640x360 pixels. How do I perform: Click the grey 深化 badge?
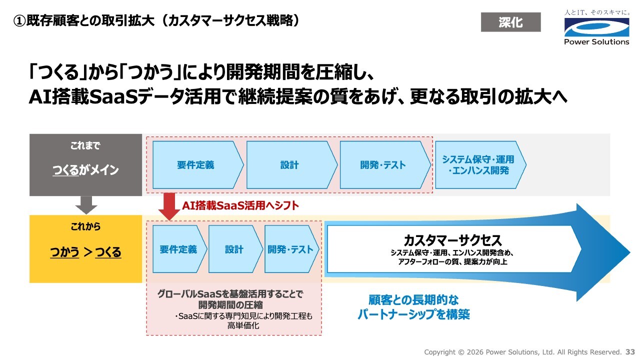click(511, 22)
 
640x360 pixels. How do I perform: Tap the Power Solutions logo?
click(597, 27)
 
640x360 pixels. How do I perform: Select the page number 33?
click(630, 352)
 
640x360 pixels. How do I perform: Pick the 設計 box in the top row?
click(291, 165)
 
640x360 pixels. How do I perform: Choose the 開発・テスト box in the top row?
click(385, 165)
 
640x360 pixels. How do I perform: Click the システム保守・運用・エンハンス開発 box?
click(480, 165)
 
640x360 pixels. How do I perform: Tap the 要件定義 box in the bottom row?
click(179, 249)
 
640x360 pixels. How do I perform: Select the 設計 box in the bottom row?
click(235, 249)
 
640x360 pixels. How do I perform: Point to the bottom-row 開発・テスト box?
click(291, 249)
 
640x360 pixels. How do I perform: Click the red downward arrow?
click(169, 206)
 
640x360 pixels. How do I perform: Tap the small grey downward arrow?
click(86, 205)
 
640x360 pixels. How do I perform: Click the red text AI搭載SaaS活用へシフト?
click(240, 205)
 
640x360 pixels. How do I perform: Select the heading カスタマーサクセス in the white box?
click(452, 240)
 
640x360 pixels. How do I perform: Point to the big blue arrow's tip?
click(630, 252)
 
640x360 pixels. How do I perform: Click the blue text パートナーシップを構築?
click(413, 314)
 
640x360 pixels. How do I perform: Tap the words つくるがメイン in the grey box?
click(85, 170)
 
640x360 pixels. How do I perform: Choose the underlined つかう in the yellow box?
click(64, 252)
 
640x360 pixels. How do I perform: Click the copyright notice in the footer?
click(523, 352)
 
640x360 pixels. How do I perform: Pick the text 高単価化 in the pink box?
click(243, 325)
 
